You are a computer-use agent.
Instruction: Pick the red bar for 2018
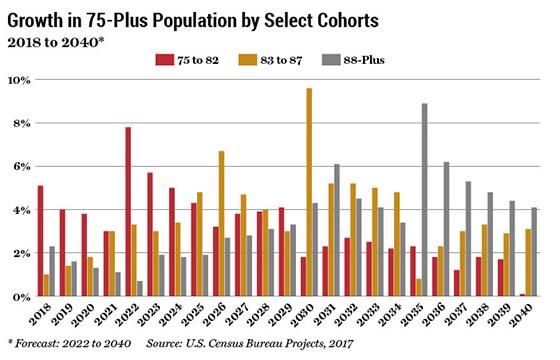click(40, 241)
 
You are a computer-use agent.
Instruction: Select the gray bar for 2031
click(337, 230)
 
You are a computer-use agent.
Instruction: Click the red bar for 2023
click(150, 235)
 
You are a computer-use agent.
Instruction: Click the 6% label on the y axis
click(19, 166)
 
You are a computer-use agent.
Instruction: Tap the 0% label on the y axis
click(19, 297)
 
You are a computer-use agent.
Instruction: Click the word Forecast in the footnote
click(41, 346)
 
